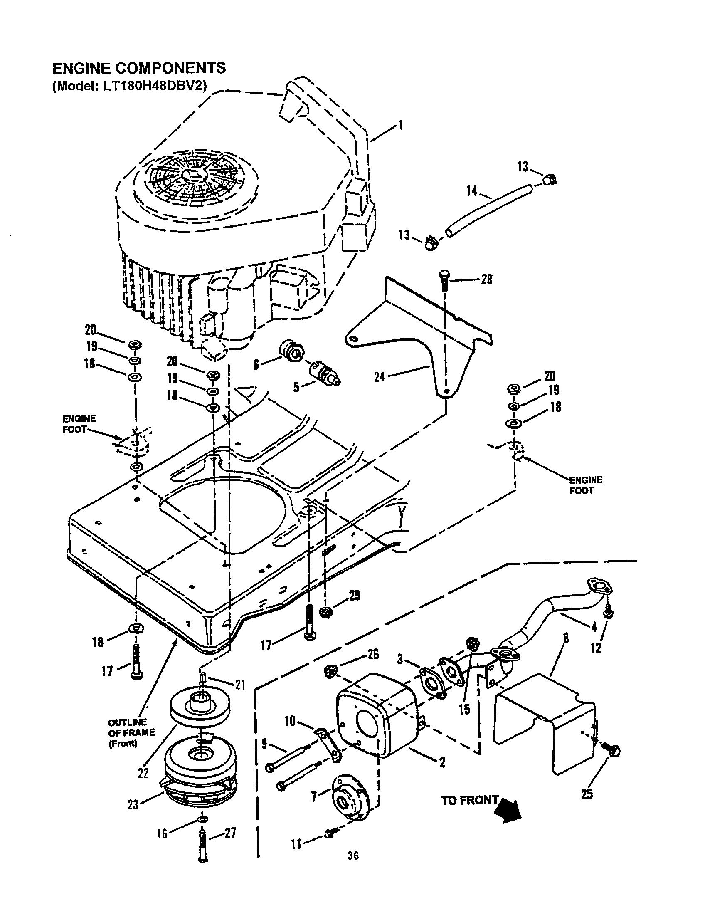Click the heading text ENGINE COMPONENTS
(138, 68)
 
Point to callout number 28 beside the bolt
(486, 279)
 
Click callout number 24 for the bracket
(379, 377)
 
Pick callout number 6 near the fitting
(256, 365)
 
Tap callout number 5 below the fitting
(296, 387)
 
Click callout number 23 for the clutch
(133, 816)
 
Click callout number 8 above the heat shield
(566, 638)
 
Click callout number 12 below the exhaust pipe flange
(596, 648)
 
